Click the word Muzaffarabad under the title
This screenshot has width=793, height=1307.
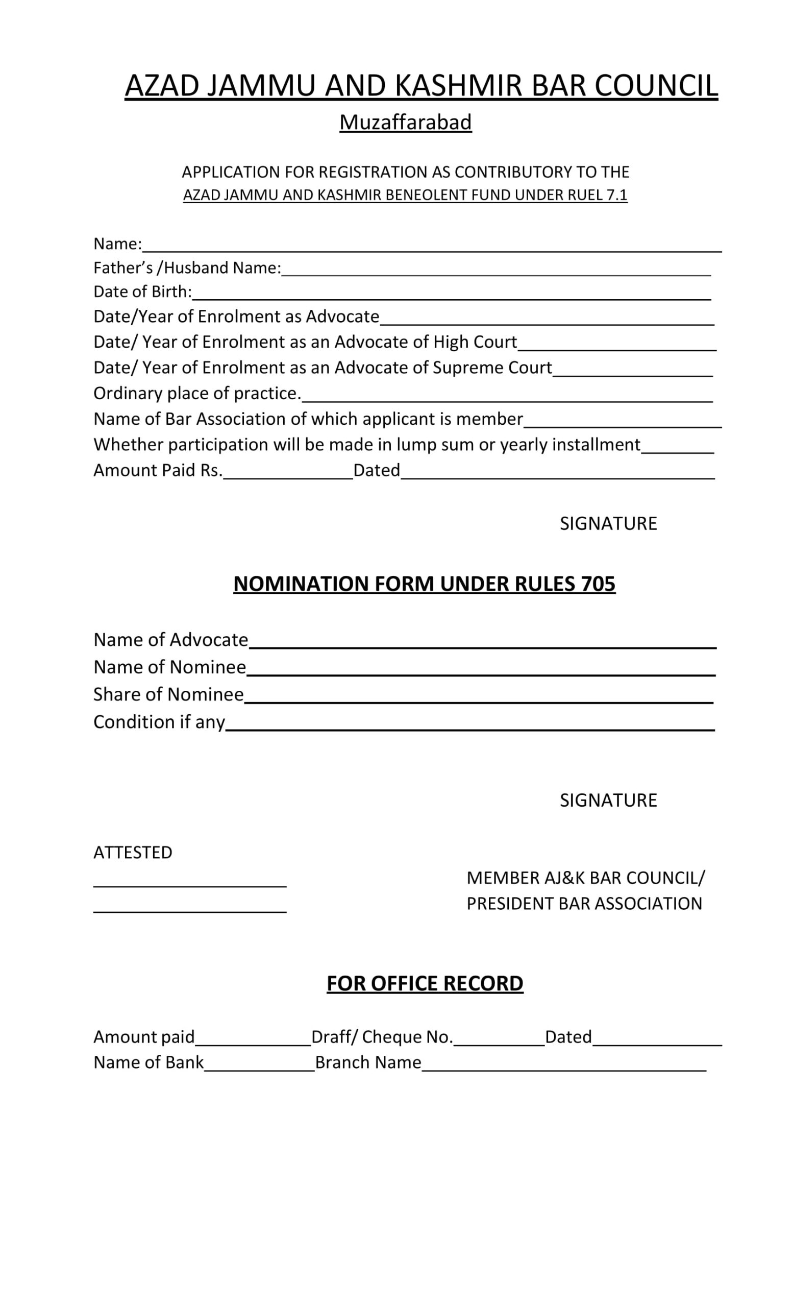406,123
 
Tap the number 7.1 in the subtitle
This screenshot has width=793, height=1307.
617,195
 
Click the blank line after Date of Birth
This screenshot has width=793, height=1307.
451,295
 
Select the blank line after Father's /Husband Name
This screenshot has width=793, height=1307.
495,271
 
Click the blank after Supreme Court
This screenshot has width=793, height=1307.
632,371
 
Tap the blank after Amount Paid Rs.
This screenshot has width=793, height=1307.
288,474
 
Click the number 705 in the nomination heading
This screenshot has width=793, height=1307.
598,584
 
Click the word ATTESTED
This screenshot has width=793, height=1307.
133,853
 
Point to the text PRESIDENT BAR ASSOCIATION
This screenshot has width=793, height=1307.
584,904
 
